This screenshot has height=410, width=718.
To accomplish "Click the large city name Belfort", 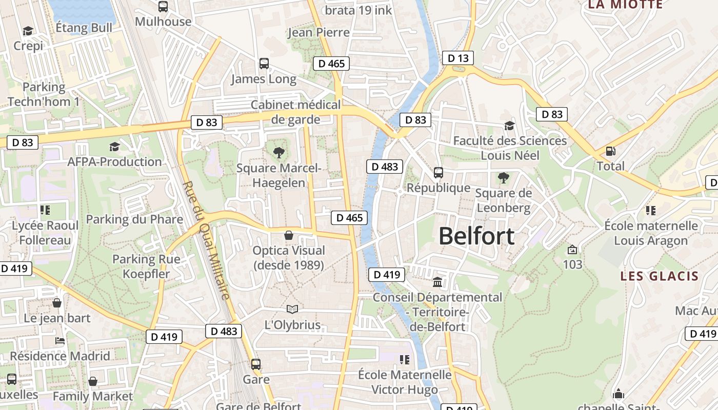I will coord(476,236).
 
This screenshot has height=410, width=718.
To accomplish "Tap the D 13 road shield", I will coord(458,58).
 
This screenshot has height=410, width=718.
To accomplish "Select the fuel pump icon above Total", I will coord(610,151).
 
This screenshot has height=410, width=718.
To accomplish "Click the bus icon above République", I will coord(438,172).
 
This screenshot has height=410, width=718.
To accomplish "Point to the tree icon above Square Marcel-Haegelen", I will coord(278,152).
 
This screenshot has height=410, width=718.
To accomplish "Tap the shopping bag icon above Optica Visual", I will coord(289,235).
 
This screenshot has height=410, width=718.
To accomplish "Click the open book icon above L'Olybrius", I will coord(292,309).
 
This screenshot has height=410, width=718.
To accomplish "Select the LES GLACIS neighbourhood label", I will coord(660,276).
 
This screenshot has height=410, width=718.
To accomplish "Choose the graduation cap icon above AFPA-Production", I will coord(114,147).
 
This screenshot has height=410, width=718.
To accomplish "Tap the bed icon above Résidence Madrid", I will coord(60,341).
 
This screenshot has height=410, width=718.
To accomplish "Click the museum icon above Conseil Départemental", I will coord(437,282).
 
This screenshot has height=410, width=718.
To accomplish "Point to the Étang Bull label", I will coord(84,28).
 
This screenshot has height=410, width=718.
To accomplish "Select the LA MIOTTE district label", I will coord(625,5).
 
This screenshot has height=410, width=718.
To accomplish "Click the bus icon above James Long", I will coord(264,64).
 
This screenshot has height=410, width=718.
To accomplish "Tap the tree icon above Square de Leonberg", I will coord(503,178).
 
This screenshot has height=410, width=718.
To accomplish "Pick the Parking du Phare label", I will coord(134,219).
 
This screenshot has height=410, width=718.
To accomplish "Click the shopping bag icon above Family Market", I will coord(93,381).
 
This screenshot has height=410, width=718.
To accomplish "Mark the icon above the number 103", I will coord(572,250).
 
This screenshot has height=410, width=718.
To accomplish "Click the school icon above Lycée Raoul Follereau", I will coord(45,210).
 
